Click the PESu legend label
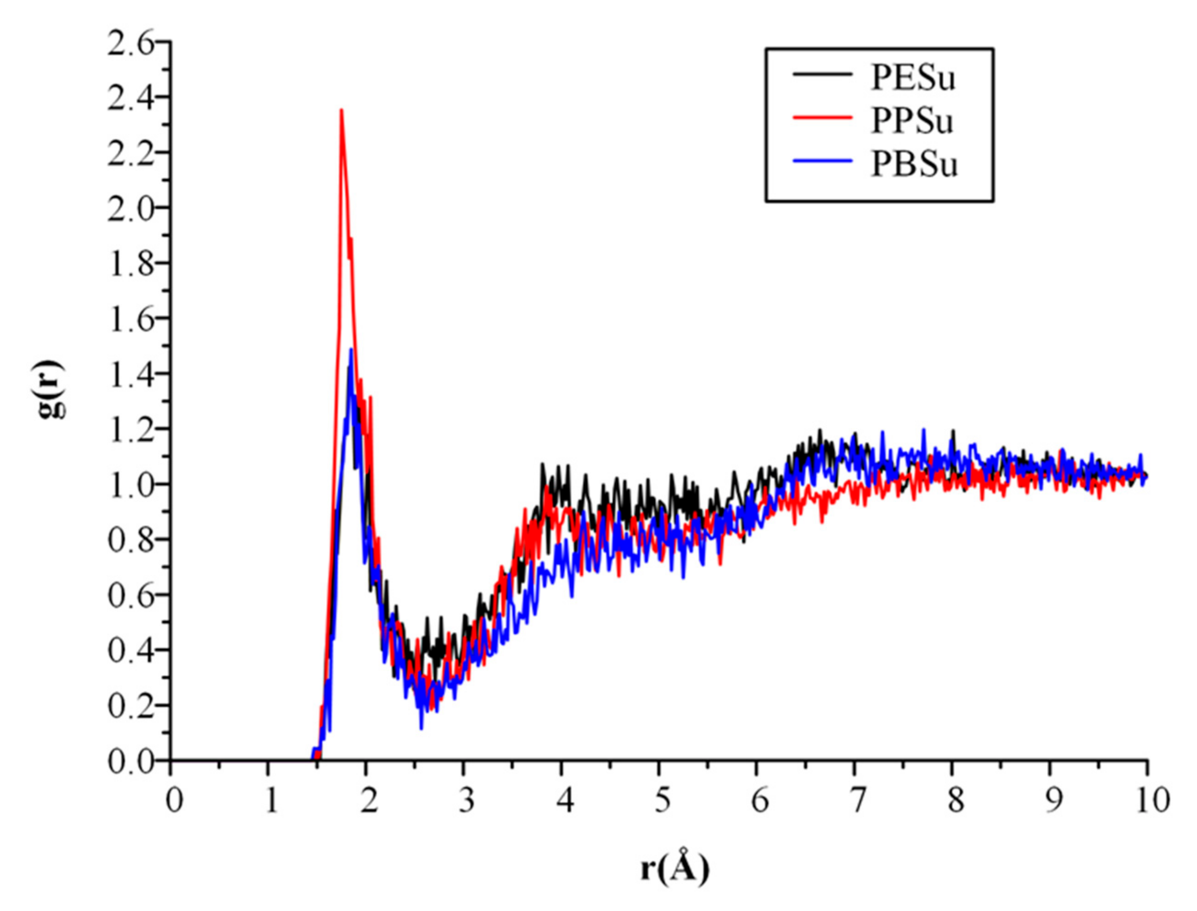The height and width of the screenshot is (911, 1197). tap(913, 79)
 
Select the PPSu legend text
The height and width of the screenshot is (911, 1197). tap(912, 122)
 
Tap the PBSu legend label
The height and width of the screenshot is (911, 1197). tap(915, 165)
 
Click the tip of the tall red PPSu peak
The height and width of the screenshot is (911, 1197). tap(341, 110)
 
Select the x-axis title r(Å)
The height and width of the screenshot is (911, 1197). tap(674, 869)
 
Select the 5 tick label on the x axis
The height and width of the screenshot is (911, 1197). tap(662, 801)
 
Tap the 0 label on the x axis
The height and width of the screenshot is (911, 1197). tap(174, 801)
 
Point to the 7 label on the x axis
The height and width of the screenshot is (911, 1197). tap(857, 801)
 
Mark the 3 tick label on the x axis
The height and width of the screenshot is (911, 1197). tap(466, 801)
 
